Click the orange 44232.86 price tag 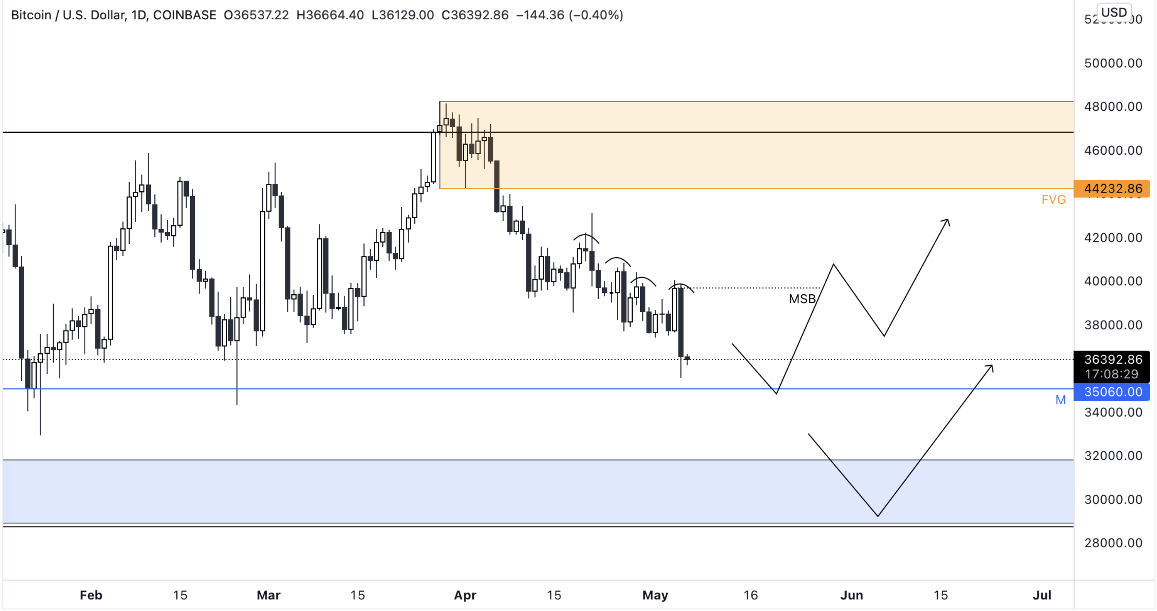(x=1112, y=189)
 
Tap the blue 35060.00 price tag (x=1112, y=392)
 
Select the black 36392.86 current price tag (x=1112, y=360)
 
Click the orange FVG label (x=1053, y=200)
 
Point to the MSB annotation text (x=802, y=299)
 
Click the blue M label (x=1060, y=400)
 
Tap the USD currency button (x=1114, y=12)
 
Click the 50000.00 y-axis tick (x=1113, y=63)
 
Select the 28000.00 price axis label (x=1113, y=543)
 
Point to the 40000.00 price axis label (x=1113, y=281)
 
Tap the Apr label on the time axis (x=465, y=595)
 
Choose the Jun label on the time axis (x=851, y=595)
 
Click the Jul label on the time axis (x=1042, y=595)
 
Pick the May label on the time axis (x=655, y=595)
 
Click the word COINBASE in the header (x=184, y=15)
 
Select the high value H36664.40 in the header (x=330, y=15)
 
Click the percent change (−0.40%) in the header (x=596, y=15)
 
